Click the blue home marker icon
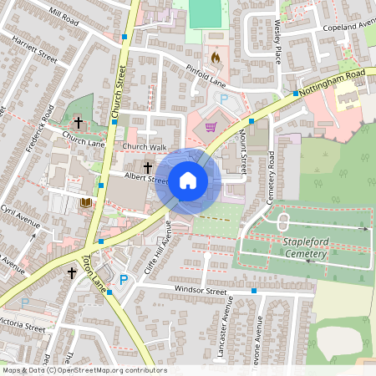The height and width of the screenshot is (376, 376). (188, 180)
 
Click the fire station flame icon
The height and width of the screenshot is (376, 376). (216, 59)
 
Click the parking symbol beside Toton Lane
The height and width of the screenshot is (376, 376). (124, 280)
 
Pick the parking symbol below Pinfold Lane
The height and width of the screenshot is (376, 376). (223, 98)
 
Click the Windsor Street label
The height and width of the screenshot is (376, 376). (200, 291)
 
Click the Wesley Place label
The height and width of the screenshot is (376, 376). (278, 43)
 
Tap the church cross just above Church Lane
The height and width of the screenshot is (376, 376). (79, 123)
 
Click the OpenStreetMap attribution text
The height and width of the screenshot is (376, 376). (84, 370)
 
